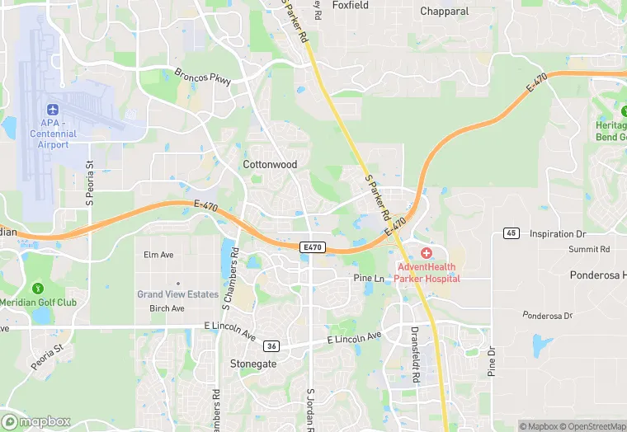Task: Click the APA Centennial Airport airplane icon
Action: (x=54, y=110)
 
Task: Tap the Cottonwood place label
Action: (x=270, y=165)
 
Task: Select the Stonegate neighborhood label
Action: (x=253, y=364)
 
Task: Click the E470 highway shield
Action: (x=313, y=247)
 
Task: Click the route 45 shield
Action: (x=511, y=234)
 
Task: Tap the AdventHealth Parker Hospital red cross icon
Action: (x=427, y=252)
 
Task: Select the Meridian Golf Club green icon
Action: (x=37, y=288)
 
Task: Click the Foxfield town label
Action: (x=351, y=5)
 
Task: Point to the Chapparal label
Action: (x=444, y=12)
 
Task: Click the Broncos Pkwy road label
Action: (x=202, y=77)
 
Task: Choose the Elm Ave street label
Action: (x=158, y=256)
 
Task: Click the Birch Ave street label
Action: (x=167, y=309)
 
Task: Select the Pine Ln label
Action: (x=369, y=279)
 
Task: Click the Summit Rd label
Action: (x=589, y=249)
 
